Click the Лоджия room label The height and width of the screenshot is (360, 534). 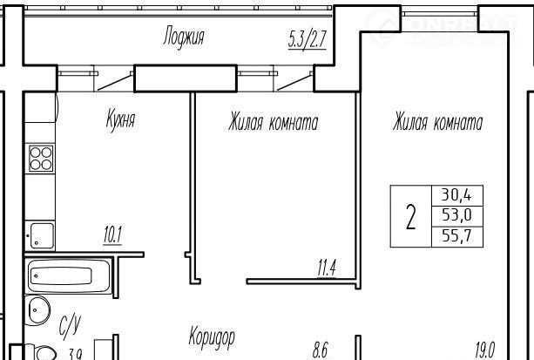pyautogui.click(x=184, y=37)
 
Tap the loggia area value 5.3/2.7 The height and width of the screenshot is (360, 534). pyautogui.click(x=308, y=39)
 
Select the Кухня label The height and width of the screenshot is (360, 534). pyautogui.click(x=121, y=119)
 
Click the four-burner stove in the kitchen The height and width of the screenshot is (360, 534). pyautogui.click(x=41, y=159)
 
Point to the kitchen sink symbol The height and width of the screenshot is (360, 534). pyautogui.click(x=40, y=234)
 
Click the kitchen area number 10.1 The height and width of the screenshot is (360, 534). pyautogui.click(x=112, y=234)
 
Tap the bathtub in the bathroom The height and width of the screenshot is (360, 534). pyautogui.click(x=68, y=275)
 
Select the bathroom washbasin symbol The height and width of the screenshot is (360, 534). pyautogui.click(x=37, y=310)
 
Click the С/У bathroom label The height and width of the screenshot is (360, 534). pyautogui.click(x=71, y=327)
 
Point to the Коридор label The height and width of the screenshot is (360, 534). pyautogui.click(x=212, y=336)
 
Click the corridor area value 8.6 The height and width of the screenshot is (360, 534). pyautogui.click(x=320, y=350)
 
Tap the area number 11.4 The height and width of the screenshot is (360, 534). pyautogui.click(x=327, y=268)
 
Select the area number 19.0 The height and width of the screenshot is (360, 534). pyautogui.click(x=485, y=350)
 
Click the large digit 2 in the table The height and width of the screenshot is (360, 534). pyautogui.click(x=411, y=216)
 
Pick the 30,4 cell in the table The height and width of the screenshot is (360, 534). pyautogui.click(x=456, y=195)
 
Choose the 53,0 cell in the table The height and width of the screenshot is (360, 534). pyautogui.click(x=456, y=215)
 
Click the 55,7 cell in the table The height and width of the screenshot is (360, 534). pyautogui.click(x=456, y=236)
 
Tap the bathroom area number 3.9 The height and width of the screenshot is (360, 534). pyautogui.click(x=76, y=354)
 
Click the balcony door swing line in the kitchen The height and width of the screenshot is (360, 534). pyautogui.click(x=115, y=83)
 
